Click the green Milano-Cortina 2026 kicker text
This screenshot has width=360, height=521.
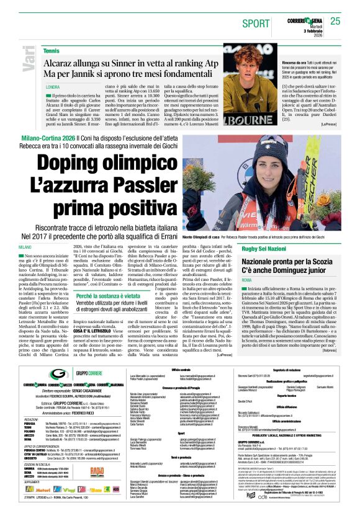tap(47, 135)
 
